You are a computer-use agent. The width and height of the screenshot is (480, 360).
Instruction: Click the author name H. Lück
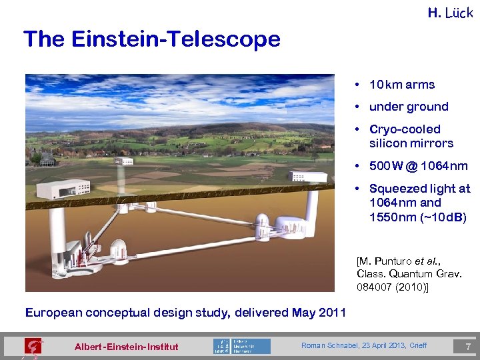coord(450,12)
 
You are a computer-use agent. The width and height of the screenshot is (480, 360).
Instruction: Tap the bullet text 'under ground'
coord(409,107)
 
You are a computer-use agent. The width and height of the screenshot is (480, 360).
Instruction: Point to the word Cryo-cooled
coord(405,129)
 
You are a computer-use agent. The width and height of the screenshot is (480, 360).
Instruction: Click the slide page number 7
coord(467,346)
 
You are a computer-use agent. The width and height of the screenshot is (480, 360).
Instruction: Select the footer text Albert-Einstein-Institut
coord(127,347)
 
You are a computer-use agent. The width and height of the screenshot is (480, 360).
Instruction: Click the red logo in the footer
coord(32,347)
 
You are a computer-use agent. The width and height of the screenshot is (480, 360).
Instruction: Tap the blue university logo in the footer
coord(241,346)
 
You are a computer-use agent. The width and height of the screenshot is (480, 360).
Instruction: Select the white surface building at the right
coord(307,177)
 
